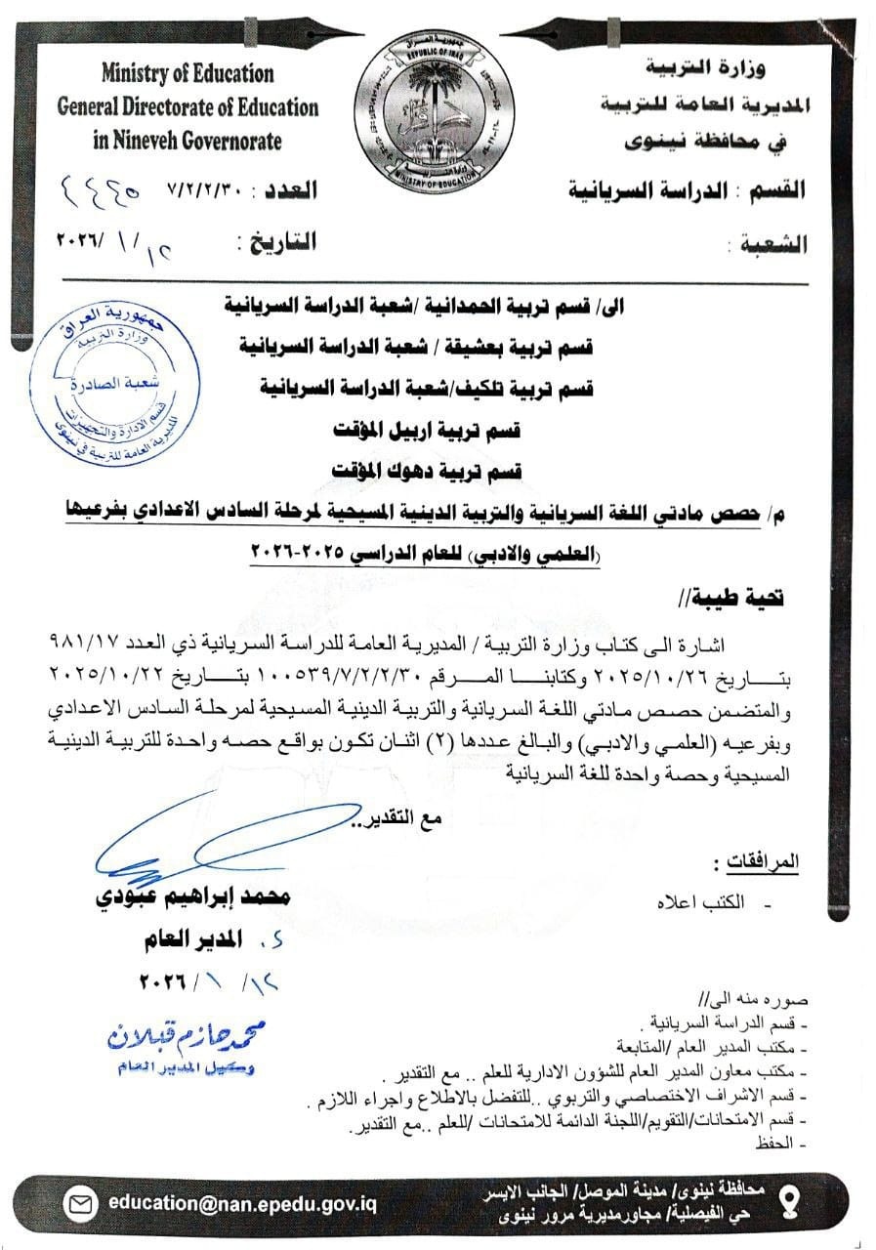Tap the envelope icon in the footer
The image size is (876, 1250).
point(79,1202)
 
